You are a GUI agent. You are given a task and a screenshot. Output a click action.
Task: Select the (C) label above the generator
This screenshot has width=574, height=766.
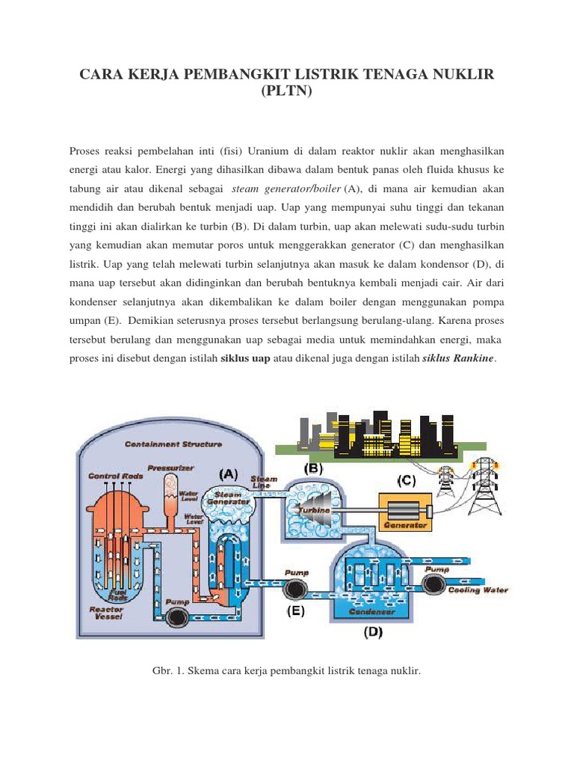[x=407, y=481]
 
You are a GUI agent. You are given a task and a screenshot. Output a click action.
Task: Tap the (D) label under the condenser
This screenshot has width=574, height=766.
[x=373, y=632]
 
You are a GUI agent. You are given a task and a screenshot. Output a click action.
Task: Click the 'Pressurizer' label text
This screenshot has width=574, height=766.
[x=171, y=468]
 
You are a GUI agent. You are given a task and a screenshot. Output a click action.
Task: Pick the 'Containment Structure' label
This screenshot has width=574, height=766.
[x=173, y=444]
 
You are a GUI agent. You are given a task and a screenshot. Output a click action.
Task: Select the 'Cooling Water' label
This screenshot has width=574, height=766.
[x=478, y=590]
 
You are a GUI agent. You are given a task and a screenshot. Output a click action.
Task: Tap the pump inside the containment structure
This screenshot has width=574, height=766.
[x=179, y=616]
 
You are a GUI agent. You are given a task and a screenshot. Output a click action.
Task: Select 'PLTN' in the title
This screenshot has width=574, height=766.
[x=287, y=95]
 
